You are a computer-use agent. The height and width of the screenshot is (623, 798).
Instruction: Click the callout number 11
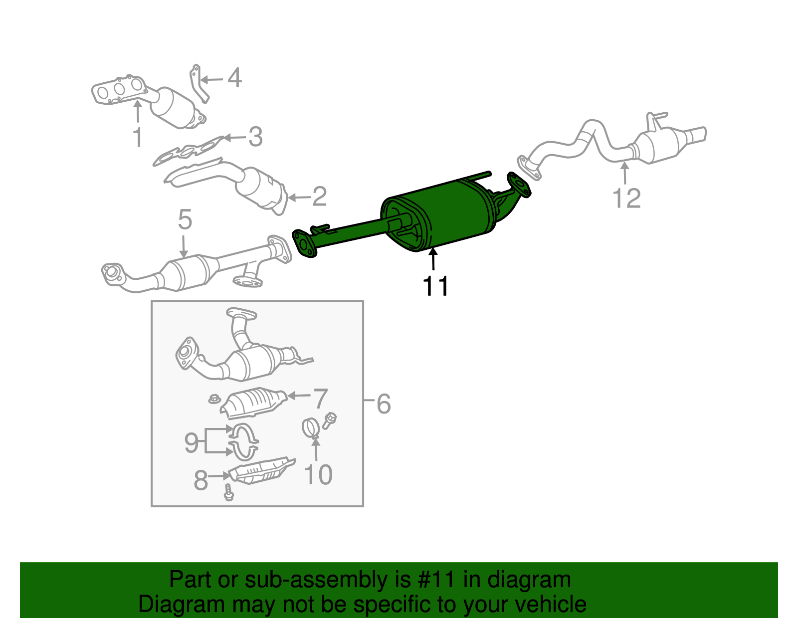(435, 286)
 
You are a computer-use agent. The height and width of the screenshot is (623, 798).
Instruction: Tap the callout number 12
(626, 198)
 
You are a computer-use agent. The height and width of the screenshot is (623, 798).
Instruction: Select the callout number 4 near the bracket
(234, 78)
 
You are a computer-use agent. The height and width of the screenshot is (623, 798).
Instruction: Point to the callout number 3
(255, 137)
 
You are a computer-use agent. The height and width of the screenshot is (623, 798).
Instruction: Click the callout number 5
(185, 219)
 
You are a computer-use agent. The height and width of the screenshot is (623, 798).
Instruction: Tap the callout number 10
(318, 474)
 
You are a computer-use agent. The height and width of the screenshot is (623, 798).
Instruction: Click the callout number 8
(200, 480)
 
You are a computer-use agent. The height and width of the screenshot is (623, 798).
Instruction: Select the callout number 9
(192, 442)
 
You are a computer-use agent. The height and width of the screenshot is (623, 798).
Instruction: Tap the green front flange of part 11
(304, 243)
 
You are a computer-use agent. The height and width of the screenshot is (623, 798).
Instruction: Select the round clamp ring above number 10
(311, 428)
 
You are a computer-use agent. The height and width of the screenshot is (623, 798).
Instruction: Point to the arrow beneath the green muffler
(433, 259)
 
